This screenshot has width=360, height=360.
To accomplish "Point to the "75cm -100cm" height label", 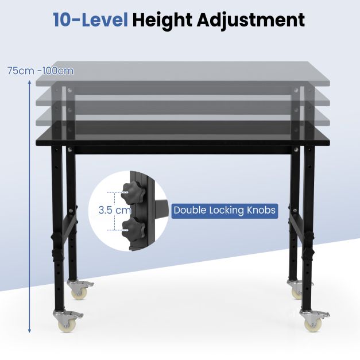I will [x=40, y=71].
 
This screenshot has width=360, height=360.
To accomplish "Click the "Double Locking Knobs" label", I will [x=224, y=210].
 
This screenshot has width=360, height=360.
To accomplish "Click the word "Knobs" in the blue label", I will [x=261, y=210].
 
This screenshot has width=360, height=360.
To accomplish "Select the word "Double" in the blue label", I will [x=189, y=210].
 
